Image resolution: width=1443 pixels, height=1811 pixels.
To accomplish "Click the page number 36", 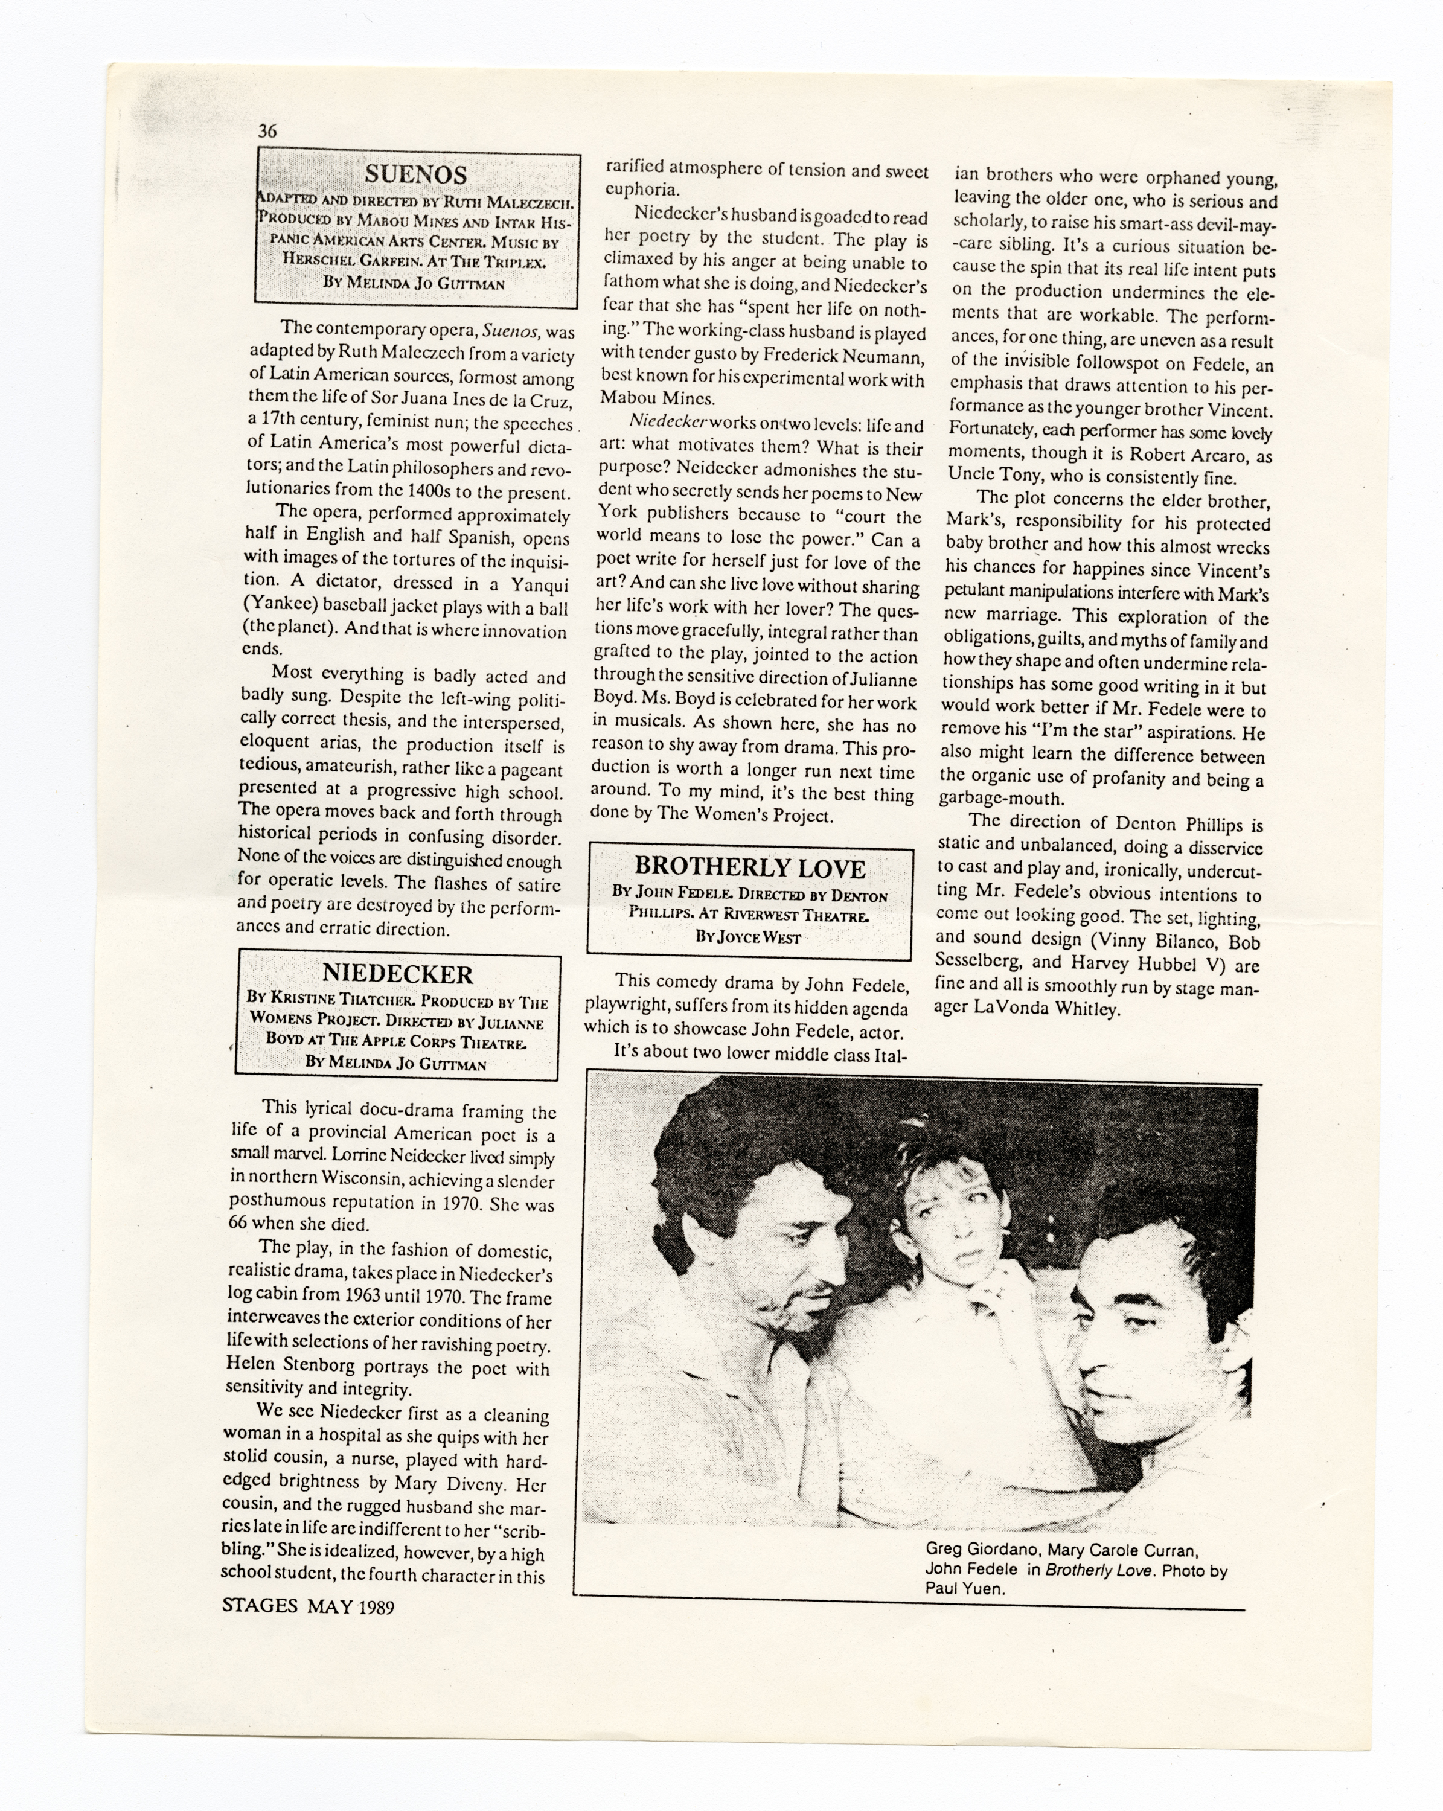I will (x=267, y=130).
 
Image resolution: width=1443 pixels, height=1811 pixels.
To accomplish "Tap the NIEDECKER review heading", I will (x=397, y=974).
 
